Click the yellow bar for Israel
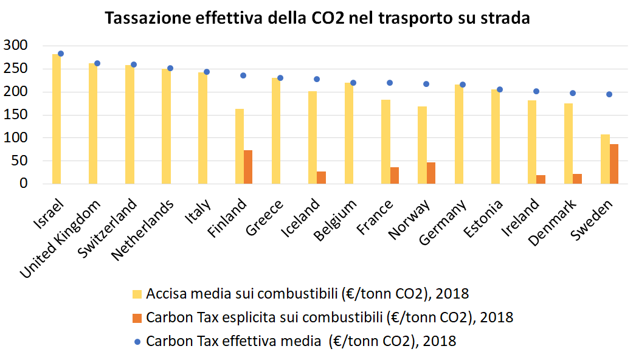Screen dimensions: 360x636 [x=57, y=119]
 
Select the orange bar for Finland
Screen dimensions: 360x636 [x=248, y=167]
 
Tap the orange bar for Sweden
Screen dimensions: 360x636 [x=614, y=164]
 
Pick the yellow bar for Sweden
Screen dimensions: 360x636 [x=605, y=159]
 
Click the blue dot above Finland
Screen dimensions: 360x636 [x=243, y=75]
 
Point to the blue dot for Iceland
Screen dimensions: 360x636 [x=317, y=79]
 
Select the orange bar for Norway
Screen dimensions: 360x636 [x=431, y=173]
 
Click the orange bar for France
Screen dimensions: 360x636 [x=394, y=175]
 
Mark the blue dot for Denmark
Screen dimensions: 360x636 [x=573, y=93]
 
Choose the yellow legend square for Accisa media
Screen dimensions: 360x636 [x=137, y=294]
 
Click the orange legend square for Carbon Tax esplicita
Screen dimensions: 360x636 [x=137, y=317]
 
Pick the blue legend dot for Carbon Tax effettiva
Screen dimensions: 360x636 [x=137, y=341]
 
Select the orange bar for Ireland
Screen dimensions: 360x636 [x=541, y=179]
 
